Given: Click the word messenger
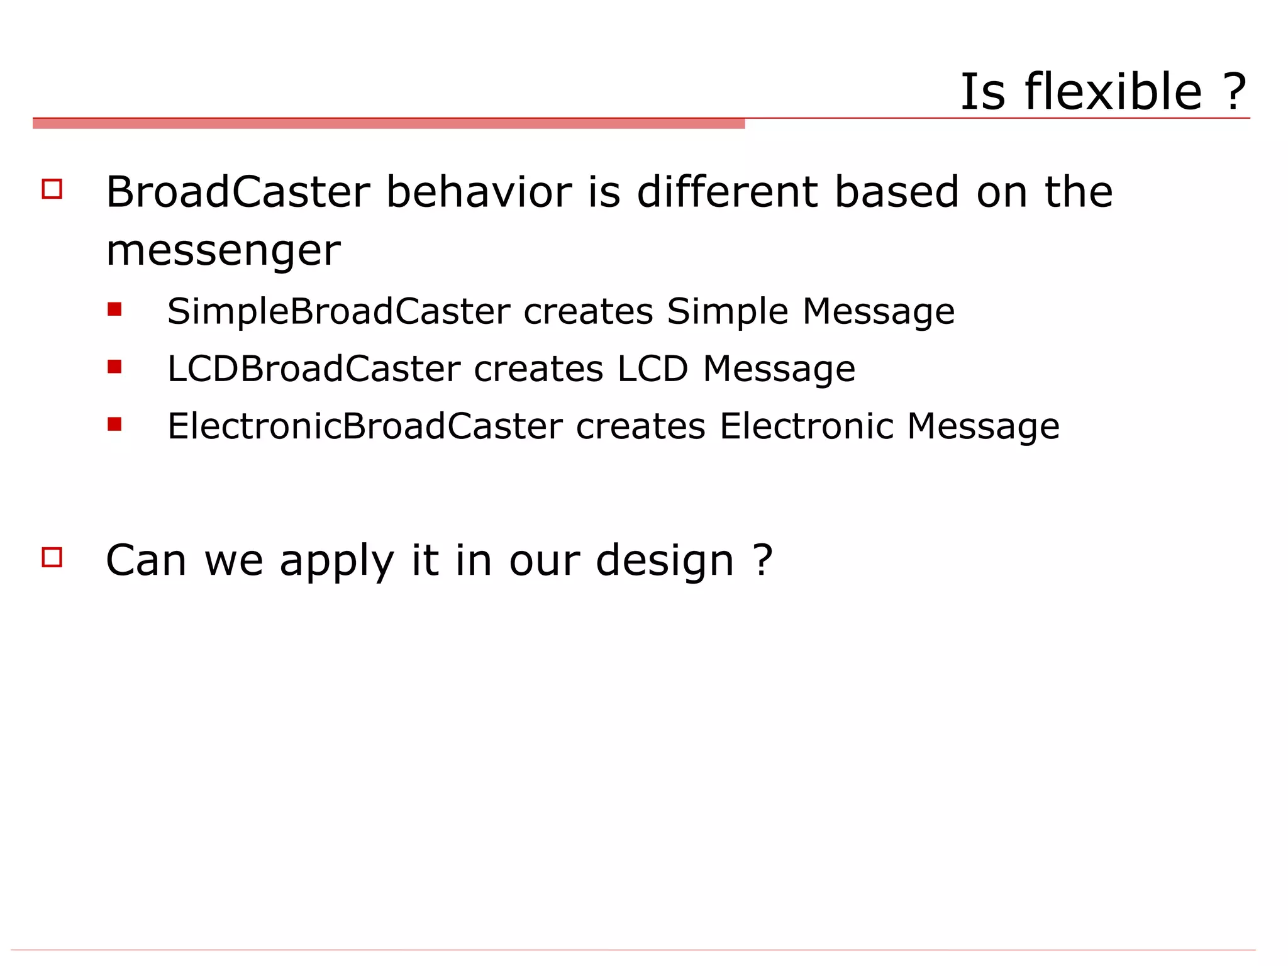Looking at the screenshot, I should click(x=223, y=251).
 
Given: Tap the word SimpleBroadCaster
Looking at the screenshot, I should click(x=338, y=311).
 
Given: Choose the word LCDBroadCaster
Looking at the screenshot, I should click(x=313, y=369).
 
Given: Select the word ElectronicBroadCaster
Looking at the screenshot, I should click(x=365, y=426).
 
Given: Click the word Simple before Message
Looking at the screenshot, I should click(x=727, y=311).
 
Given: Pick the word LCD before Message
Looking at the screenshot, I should click(x=652, y=369).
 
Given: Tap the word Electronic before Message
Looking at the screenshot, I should click(x=806, y=426).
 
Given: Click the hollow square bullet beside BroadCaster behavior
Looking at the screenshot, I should click(x=52, y=189).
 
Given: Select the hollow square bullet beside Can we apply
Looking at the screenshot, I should click(x=52, y=557).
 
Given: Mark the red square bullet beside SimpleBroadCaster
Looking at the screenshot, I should click(x=114, y=309).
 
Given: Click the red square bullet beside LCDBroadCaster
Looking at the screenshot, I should click(x=114, y=367).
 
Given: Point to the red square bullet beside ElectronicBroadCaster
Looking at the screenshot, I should click(x=114, y=425).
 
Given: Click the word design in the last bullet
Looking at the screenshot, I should click(x=665, y=560).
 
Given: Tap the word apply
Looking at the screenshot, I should click(x=337, y=560).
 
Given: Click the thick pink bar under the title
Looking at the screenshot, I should click(x=389, y=124).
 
